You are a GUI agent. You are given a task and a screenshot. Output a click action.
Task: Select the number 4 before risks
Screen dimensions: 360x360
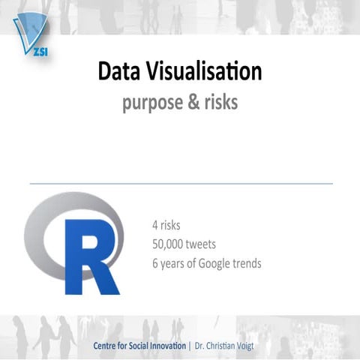(154, 224)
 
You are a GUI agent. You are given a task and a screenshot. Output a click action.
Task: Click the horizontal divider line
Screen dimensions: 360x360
(180, 183)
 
